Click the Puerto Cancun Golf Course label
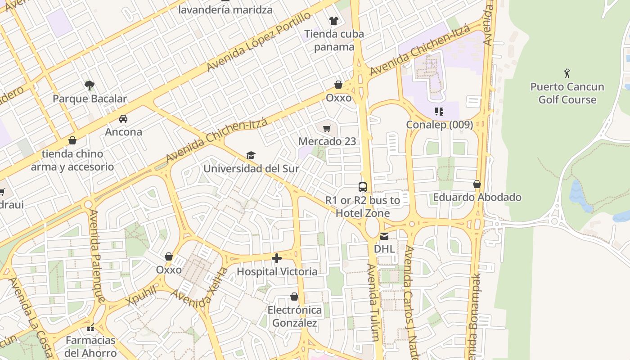pos(567,93)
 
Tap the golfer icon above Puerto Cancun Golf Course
pos(567,73)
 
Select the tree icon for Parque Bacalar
pos(90,85)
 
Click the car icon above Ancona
pos(123,119)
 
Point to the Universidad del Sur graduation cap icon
pos(251,156)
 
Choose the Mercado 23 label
pos(327,141)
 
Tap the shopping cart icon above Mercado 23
pos(327,128)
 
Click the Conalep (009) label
pos(439,125)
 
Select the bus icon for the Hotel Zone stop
pos(362,187)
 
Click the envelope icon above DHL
pos(384,236)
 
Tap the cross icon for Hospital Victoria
pos(277,258)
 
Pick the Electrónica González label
pos(295,316)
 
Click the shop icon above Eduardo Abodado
pos(477,184)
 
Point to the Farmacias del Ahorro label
pos(90,346)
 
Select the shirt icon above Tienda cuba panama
pos(333,20)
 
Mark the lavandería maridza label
pos(225,9)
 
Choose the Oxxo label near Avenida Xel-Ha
pos(169,270)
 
